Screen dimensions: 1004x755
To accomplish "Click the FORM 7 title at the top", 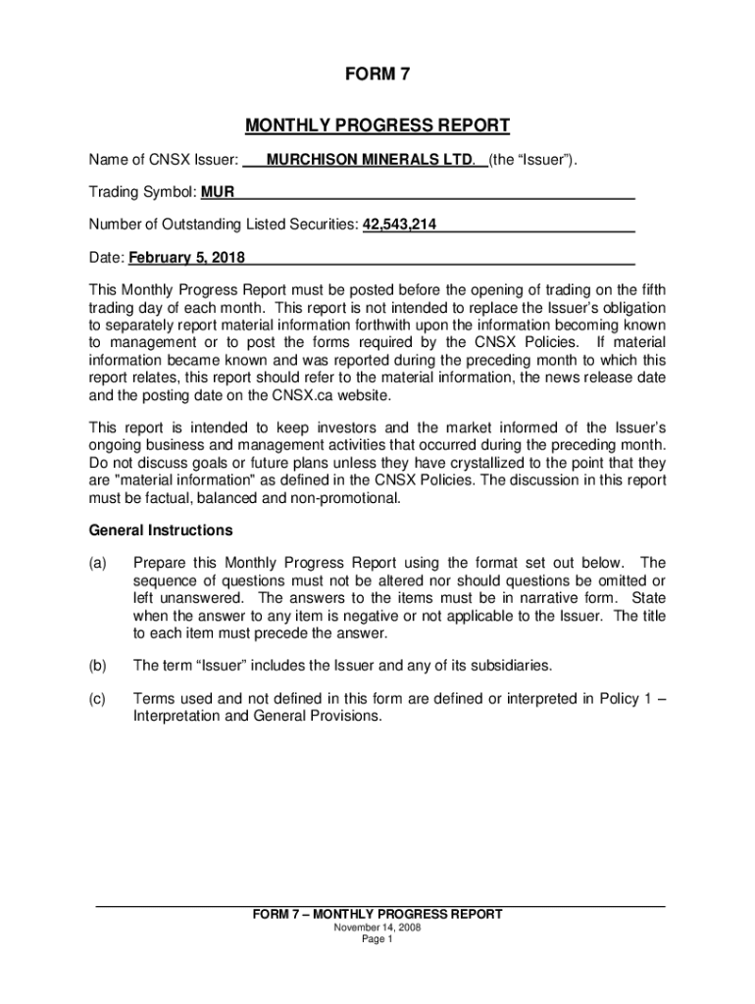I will [x=377, y=75].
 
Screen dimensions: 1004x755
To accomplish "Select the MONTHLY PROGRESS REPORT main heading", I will [x=377, y=125].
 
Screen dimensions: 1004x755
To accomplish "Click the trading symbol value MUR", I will [x=218, y=192].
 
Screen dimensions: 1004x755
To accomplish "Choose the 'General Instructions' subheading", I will [x=161, y=530].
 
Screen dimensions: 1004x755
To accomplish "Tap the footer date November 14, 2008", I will [x=377, y=928].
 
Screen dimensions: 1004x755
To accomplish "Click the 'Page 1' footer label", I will [x=377, y=939].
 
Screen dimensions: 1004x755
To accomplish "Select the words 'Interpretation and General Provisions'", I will [x=257, y=716].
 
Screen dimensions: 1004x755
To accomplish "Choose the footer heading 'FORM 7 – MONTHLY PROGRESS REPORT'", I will [x=377, y=914].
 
